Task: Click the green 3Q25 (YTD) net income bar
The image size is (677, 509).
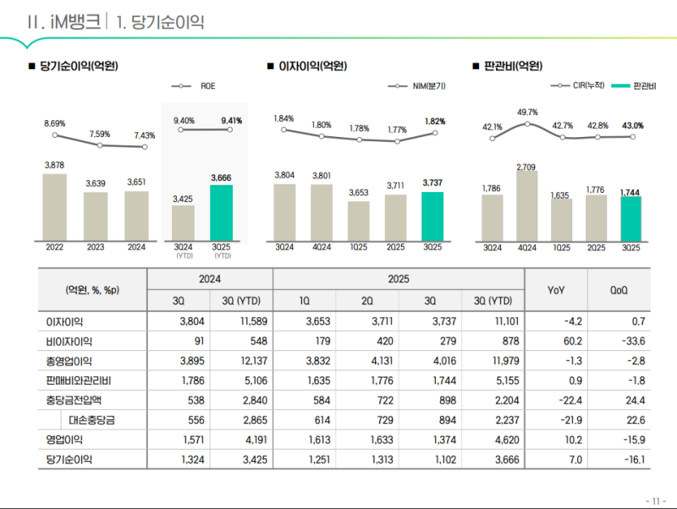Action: click(x=221, y=212)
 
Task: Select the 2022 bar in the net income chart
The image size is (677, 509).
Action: click(x=54, y=207)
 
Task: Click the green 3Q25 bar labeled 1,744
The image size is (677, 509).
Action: click(x=630, y=219)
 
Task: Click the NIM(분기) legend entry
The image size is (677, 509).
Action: click(x=417, y=86)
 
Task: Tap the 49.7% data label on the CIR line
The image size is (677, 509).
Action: click(x=527, y=112)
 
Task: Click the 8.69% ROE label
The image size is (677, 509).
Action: click(x=54, y=123)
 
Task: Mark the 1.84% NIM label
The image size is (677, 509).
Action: click(x=283, y=118)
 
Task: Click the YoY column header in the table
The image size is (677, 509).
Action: click(x=556, y=289)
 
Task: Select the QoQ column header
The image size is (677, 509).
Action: click(x=619, y=289)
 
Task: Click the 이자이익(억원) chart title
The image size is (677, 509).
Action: click(x=312, y=65)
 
